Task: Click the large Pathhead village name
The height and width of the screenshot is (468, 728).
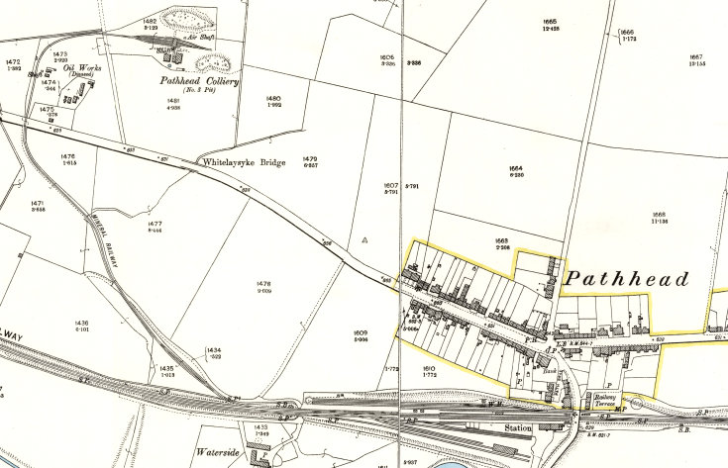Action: (626, 280)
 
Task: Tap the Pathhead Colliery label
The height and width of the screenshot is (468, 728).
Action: (200, 82)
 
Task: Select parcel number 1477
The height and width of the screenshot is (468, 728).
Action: (154, 224)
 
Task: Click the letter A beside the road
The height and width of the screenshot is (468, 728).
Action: (364, 239)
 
